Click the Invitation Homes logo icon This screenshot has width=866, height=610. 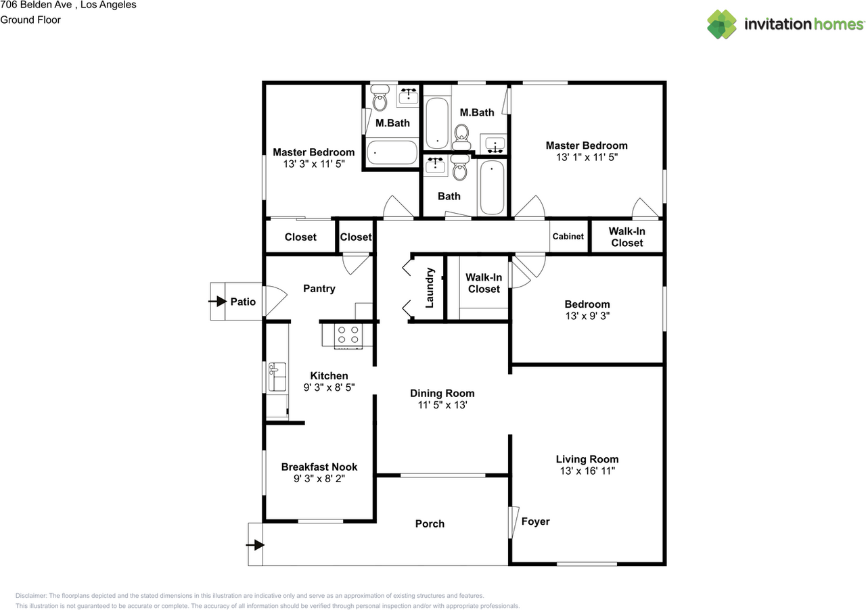point(722,24)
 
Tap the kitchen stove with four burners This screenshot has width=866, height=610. point(348,335)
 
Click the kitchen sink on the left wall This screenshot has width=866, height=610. point(277,377)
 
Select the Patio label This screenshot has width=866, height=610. point(243,302)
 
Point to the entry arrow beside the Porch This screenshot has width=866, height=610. point(256,544)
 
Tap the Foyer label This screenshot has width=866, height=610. point(535,521)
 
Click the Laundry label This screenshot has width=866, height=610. point(429,289)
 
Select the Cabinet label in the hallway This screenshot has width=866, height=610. point(568,237)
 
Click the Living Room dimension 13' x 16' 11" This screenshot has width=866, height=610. point(587,471)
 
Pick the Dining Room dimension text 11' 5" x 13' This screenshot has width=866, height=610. point(442,405)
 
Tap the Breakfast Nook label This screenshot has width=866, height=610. point(319,467)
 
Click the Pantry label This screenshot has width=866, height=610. point(319,289)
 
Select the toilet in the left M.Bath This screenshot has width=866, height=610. point(379,100)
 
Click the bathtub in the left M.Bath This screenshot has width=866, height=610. point(392,152)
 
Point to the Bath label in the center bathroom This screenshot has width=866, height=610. point(449,196)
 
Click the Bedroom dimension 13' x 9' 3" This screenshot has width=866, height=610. point(587,316)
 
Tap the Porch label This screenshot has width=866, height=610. point(430,523)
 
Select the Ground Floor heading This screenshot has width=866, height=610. point(30,20)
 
